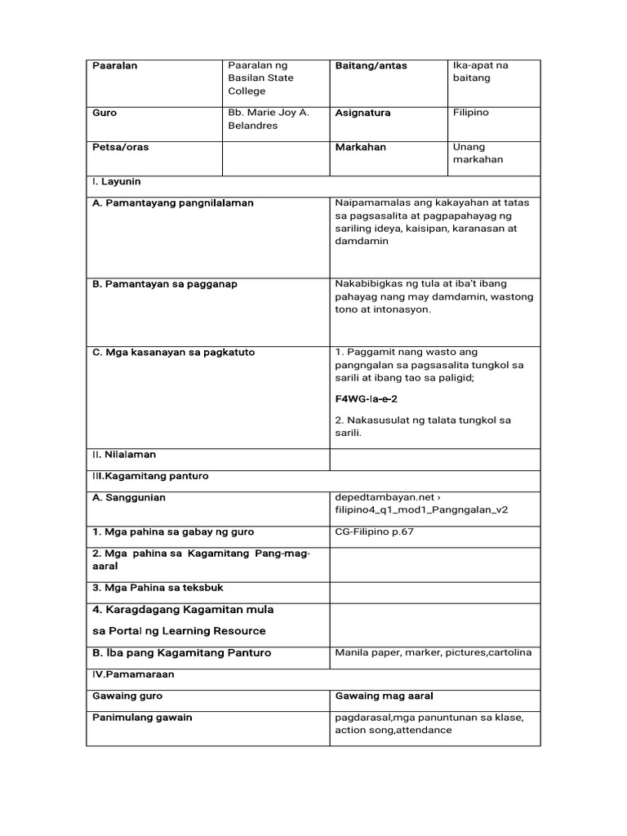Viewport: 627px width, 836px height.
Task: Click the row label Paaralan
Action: [x=114, y=66]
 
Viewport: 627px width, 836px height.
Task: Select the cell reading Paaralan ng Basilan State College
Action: [x=260, y=78]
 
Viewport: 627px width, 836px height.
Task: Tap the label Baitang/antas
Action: [x=370, y=66]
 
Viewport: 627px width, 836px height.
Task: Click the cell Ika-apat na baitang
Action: [x=480, y=72]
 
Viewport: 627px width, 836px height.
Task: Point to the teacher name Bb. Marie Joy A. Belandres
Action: [x=268, y=119]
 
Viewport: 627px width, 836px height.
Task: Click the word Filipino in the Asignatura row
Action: [x=470, y=113]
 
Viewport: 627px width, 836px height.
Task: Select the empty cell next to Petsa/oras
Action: [x=275, y=158]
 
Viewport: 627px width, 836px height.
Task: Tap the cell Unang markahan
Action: [x=478, y=153]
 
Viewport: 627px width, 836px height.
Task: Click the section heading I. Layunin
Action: [x=117, y=182]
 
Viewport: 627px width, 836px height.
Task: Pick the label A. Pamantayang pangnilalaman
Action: [x=173, y=203]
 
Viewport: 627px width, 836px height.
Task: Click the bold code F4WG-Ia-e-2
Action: [x=367, y=399]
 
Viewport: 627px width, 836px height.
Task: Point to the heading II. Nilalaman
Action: [x=123, y=455]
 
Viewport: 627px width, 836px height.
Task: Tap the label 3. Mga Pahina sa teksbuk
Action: [x=158, y=588]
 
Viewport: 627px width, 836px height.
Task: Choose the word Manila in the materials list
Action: [x=352, y=653]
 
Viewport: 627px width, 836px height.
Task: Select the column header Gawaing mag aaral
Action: [x=383, y=696]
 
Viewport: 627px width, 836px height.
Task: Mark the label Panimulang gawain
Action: [x=143, y=718]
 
